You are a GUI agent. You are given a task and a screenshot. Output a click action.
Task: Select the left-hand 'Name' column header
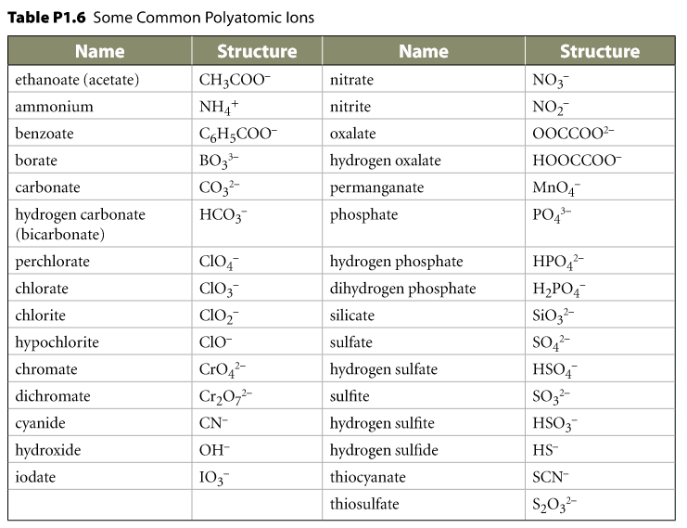pyautogui.click(x=99, y=52)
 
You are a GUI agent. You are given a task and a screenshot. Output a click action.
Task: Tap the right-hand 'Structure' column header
pyautogui.click(x=599, y=52)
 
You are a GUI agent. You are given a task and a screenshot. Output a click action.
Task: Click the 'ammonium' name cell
pyautogui.click(x=54, y=107)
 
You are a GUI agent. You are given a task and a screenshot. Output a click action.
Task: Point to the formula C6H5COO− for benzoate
pyautogui.click(x=238, y=135)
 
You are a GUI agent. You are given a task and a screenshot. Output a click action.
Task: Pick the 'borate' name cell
pyautogui.click(x=36, y=161)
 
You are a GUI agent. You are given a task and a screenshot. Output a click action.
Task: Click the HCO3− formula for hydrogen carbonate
pyautogui.click(x=223, y=215)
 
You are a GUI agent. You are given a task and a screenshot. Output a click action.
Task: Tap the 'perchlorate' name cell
pyautogui.click(x=52, y=262)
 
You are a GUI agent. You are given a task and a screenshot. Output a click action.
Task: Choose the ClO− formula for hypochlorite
pyautogui.click(x=215, y=342)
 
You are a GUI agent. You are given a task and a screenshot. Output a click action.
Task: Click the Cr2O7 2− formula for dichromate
pyautogui.click(x=225, y=397)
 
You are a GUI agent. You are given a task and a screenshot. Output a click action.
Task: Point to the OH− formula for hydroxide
pyautogui.click(x=214, y=450)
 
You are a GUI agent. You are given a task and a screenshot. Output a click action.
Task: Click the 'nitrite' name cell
pyautogui.click(x=350, y=107)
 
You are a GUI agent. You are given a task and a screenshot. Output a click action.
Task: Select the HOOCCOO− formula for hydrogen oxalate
pyautogui.click(x=577, y=161)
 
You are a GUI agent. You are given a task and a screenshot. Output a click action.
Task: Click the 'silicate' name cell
pyautogui.click(x=352, y=316)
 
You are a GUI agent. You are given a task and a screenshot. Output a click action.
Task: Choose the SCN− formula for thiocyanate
pyautogui.click(x=552, y=477)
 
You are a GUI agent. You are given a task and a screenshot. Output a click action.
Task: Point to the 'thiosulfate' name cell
pyautogui.click(x=364, y=504)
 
